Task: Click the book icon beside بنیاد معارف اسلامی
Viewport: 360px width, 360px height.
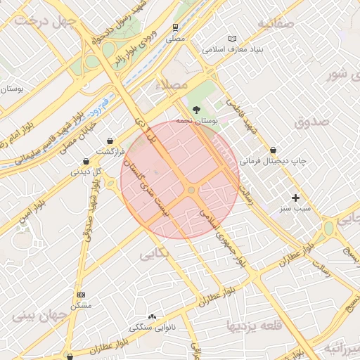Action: [233, 39]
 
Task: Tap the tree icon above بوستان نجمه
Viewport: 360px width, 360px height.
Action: [196, 110]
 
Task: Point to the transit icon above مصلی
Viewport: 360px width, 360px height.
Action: [174, 27]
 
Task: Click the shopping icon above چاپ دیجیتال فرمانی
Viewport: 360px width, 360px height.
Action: [273, 150]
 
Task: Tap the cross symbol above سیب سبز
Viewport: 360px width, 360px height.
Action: [295, 198]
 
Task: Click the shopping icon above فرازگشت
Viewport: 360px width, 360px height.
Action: [110, 140]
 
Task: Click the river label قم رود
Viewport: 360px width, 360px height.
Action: [96, 105]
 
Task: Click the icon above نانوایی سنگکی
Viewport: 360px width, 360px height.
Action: [153, 316]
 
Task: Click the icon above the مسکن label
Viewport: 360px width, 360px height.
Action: [82, 295]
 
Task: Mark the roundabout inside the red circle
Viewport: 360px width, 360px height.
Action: [191, 190]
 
